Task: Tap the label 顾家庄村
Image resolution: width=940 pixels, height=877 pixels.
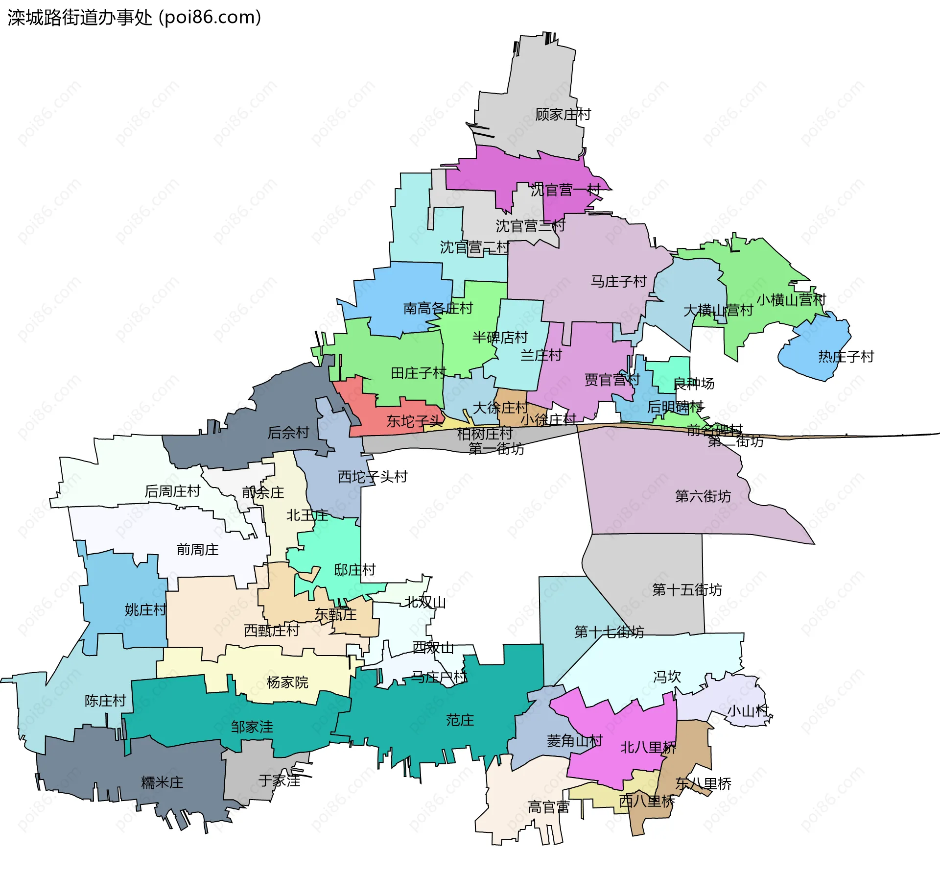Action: (563, 115)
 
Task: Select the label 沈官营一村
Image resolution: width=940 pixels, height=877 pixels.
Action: (565, 190)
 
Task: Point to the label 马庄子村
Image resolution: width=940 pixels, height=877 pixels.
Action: (618, 282)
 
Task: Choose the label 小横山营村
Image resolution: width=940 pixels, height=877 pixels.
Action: (791, 300)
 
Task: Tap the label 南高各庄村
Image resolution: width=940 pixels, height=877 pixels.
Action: (438, 308)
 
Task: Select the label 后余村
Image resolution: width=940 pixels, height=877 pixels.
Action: (288, 433)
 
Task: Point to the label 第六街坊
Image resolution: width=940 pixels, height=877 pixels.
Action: (703, 496)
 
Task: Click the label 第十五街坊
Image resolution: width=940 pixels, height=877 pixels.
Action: (687, 590)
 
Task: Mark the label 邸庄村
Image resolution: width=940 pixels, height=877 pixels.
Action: (354, 570)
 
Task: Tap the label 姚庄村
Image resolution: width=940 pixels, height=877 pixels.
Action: (145, 610)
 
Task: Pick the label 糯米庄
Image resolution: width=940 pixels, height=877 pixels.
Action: (162, 782)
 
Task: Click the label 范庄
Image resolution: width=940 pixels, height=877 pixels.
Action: (460, 720)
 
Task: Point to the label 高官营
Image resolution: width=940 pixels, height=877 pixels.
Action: (548, 807)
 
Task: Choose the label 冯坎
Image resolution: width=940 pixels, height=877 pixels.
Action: (667, 677)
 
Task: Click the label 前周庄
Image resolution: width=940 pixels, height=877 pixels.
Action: (197, 550)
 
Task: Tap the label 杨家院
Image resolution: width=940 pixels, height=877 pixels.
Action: (287, 682)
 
